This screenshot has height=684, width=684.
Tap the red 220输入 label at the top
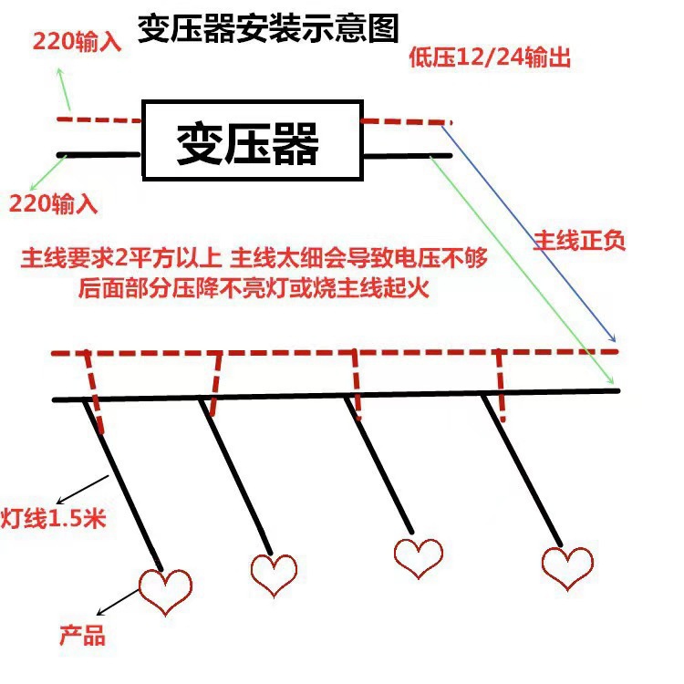click(77, 41)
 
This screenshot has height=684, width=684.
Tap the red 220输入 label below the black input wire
click(53, 202)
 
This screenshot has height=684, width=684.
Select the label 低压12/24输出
click(490, 58)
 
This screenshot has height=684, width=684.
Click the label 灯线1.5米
click(54, 520)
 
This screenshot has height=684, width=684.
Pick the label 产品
click(82, 634)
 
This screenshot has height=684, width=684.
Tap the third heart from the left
click(419, 557)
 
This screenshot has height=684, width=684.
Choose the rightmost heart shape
click(566, 566)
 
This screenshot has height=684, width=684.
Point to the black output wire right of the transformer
click(407, 157)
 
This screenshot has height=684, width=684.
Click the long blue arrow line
click(529, 228)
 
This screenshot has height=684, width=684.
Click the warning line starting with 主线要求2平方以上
click(254, 259)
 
